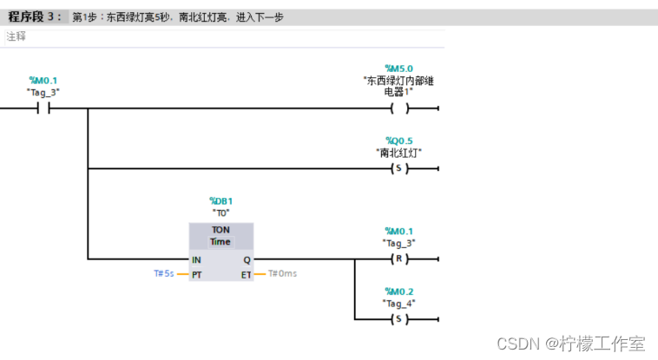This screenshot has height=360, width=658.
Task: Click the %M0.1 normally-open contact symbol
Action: point(43,108)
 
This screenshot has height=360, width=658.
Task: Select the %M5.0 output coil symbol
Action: point(399,108)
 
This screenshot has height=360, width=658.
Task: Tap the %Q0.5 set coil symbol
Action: point(399,168)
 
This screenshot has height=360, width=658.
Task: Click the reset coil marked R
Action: point(399,259)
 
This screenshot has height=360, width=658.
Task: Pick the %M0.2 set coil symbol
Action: point(399,318)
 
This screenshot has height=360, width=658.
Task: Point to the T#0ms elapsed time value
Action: point(282,273)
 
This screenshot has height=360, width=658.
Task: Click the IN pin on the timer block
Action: point(197,259)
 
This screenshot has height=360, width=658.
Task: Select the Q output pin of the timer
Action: point(247,259)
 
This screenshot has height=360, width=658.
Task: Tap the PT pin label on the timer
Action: point(197,273)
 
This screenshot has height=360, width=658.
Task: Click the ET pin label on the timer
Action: point(246,273)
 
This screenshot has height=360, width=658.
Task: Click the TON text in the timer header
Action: point(220,230)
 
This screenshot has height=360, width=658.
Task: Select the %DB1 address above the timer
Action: point(220,201)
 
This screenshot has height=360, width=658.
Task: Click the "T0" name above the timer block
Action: point(220,213)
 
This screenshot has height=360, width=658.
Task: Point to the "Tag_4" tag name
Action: point(399,303)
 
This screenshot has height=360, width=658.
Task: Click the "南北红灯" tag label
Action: point(399,153)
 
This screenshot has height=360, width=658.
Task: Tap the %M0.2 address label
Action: point(399,291)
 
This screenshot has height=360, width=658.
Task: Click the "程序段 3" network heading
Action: point(31,17)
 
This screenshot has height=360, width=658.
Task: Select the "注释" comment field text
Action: point(16,36)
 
